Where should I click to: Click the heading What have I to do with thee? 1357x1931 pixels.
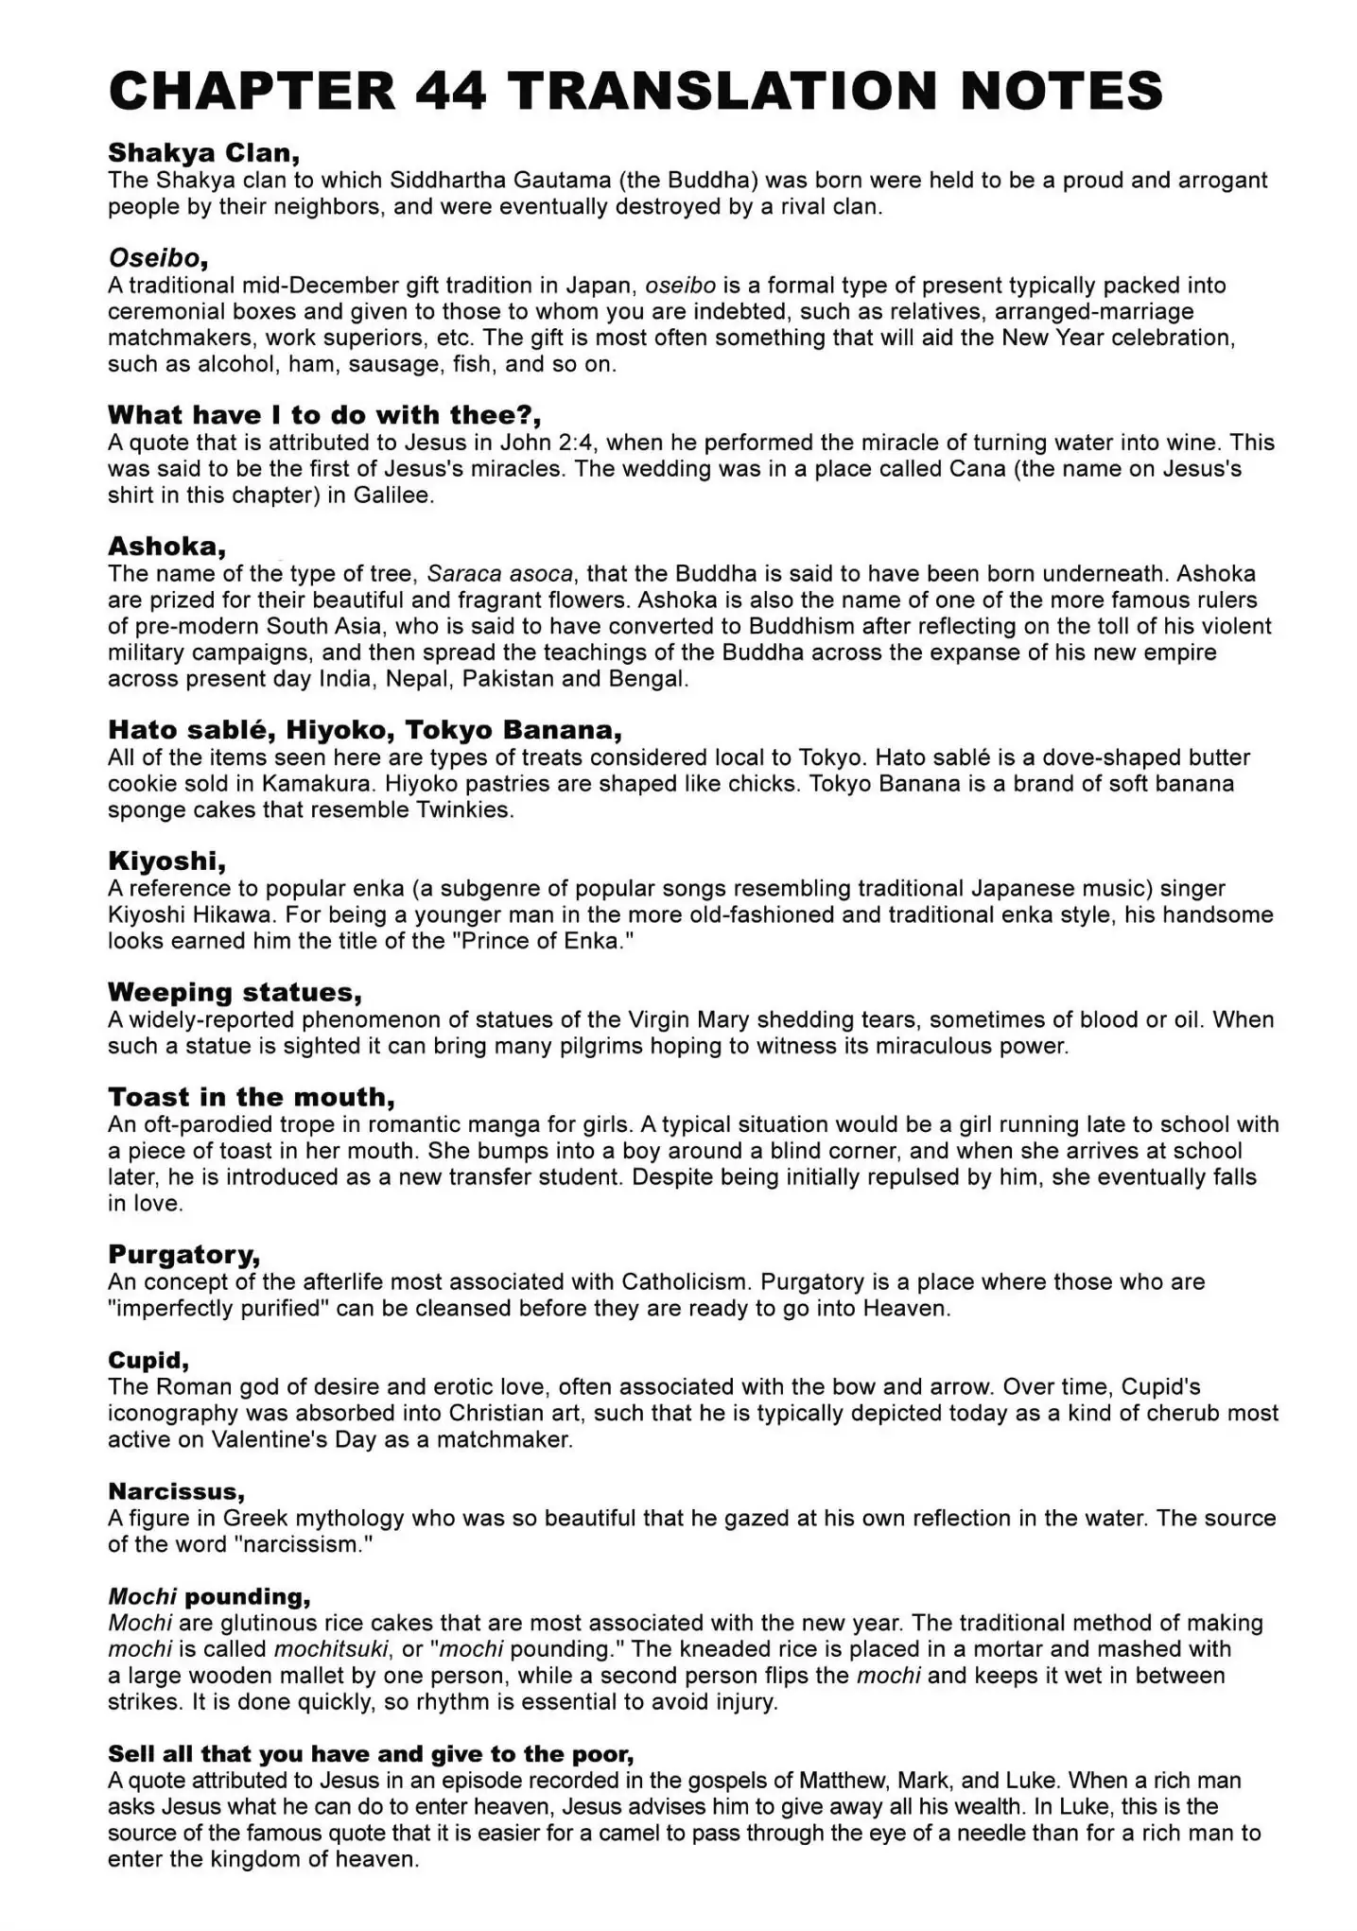[324, 415]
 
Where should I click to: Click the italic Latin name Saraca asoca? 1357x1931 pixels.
[500, 573]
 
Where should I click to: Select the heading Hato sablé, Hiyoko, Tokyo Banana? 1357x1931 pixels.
[365, 730]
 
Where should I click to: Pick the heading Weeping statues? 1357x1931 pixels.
[235, 993]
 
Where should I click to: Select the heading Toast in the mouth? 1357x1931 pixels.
[251, 1098]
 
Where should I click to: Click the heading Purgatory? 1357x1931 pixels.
[183, 1255]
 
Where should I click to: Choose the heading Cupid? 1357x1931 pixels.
[148, 1361]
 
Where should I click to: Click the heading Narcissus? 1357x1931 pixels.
[176, 1492]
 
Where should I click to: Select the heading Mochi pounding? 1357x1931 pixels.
[209, 1597]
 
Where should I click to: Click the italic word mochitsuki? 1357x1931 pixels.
[331, 1649]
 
